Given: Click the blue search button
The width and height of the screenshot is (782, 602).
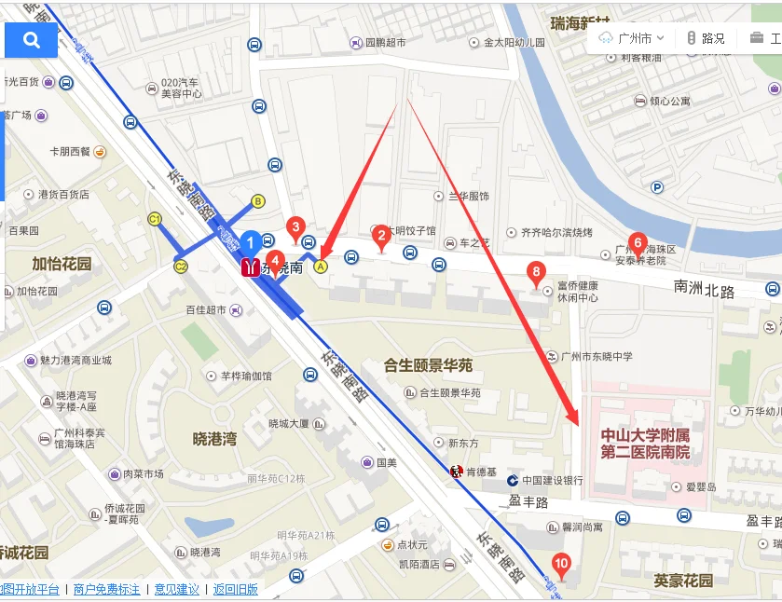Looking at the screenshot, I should point(31,40).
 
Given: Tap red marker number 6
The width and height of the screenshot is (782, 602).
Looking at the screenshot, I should point(638,243).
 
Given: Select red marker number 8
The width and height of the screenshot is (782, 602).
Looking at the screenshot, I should point(536,273).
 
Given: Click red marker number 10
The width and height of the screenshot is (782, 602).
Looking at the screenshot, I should point(561,563).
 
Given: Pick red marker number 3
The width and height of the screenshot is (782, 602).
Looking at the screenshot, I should point(296,226).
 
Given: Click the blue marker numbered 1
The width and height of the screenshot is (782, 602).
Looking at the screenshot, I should point(250,244).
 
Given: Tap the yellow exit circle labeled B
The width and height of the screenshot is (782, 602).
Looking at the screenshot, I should point(258,200).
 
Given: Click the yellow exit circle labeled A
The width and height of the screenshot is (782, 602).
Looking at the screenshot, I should point(322,267).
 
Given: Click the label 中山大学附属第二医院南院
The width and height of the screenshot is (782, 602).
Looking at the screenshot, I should point(645,444).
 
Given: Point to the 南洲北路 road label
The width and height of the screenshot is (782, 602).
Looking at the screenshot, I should point(704,291).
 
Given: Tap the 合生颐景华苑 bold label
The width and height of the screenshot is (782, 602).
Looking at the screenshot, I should point(428,364).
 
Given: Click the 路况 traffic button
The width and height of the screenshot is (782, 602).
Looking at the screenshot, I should point(706,39).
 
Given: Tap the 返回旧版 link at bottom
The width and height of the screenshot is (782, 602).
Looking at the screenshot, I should point(235,589).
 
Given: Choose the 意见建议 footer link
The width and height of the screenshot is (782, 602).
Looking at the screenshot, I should point(176,589).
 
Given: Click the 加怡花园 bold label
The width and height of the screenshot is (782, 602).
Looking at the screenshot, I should point(62,264).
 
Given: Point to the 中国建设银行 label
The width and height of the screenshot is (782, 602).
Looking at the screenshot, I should point(552,481).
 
